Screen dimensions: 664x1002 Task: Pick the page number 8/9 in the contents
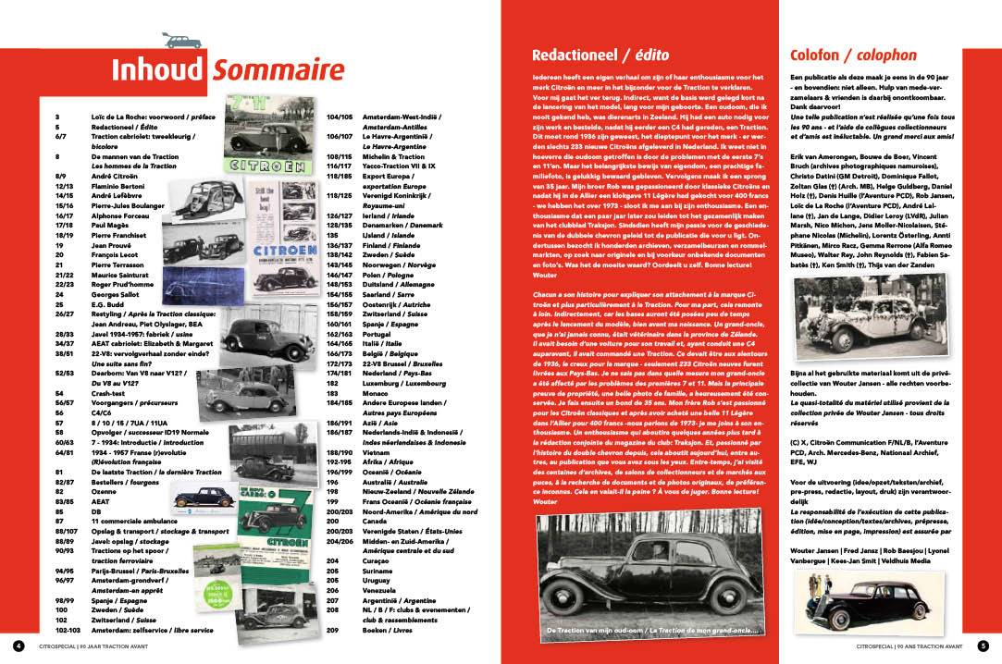coord(62,173)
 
